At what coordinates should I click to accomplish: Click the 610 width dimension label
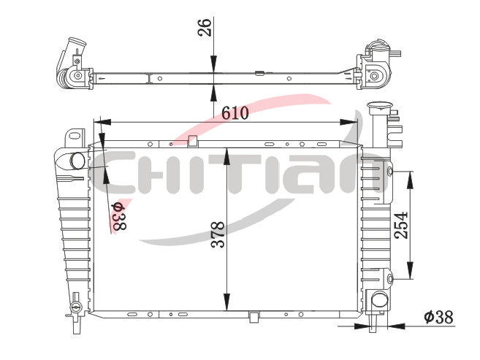[235, 113]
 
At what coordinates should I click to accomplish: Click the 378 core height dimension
[218, 234]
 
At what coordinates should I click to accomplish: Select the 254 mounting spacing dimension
[401, 225]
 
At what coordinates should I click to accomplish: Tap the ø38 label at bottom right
[438, 317]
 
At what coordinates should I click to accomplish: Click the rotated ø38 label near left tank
[119, 217]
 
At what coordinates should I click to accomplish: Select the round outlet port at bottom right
[380, 299]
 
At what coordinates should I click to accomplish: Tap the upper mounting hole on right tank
[390, 172]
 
